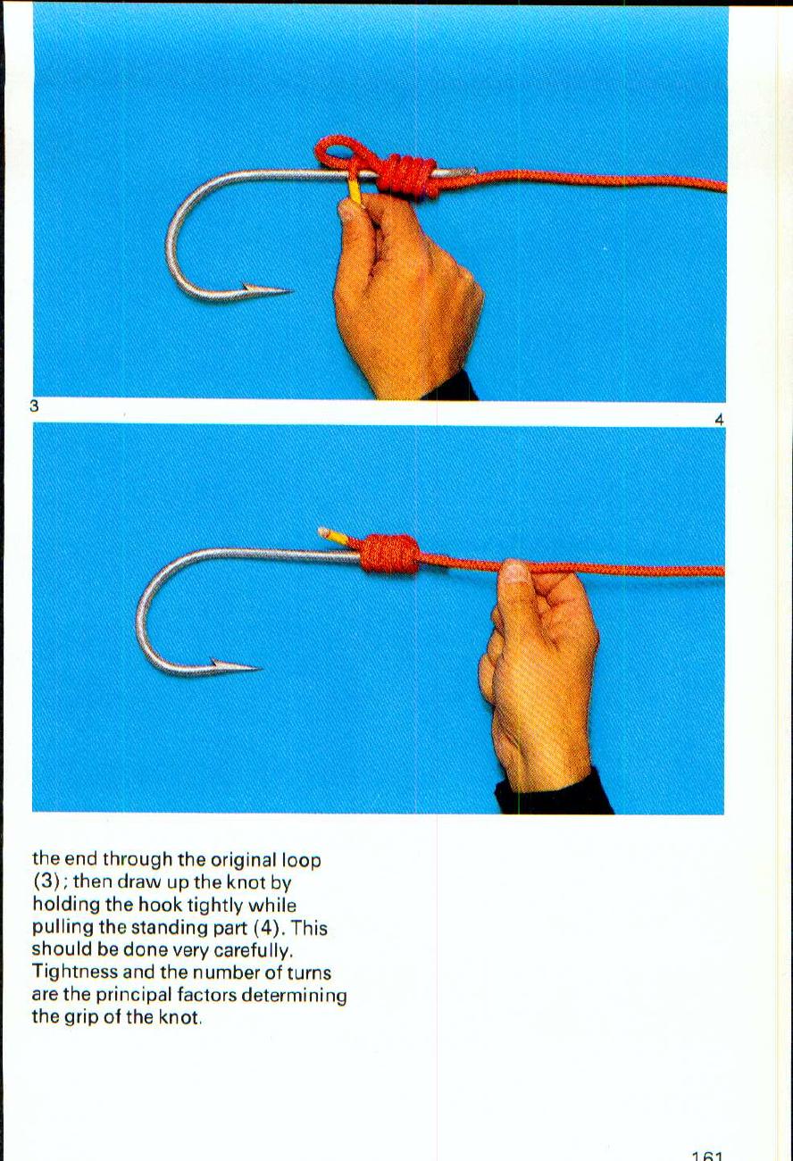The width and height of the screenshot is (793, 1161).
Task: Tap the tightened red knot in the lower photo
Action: [x=389, y=554]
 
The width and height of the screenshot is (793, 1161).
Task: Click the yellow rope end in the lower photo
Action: [x=331, y=535]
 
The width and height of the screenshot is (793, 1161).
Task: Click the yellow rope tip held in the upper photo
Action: [x=355, y=189]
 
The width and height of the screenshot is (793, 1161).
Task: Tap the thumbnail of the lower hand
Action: [x=514, y=572]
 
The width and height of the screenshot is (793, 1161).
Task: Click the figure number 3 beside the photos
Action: [x=34, y=406]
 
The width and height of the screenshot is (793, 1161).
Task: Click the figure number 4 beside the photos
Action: [x=719, y=419]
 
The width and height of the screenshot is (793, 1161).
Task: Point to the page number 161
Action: [x=706, y=1154]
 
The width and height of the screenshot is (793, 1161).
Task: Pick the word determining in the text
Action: [x=295, y=995]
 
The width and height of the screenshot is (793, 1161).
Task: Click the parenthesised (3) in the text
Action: [x=46, y=882]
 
